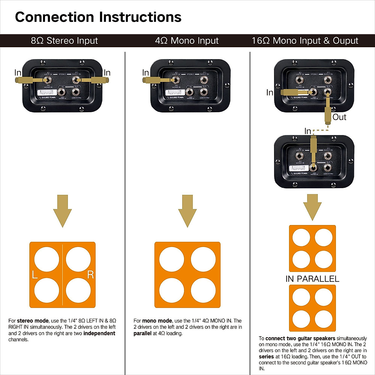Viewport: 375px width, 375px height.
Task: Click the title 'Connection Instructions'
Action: coord(98,17)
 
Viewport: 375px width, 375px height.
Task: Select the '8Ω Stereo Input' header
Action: coord(64,41)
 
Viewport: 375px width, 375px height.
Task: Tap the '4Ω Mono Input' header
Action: coord(187,41)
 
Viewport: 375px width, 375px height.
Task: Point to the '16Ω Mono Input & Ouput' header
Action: coord(305,41)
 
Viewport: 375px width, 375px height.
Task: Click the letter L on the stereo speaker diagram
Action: coord(35,275)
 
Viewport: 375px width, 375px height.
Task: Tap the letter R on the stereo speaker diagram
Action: coord(90,275)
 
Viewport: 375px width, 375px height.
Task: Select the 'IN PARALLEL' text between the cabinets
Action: coord(312,279)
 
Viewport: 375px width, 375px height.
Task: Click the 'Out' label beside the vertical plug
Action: coord(339,117)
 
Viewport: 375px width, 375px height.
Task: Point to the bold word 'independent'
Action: coord(99,333)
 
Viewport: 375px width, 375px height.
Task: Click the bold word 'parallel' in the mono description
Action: coord(142,333)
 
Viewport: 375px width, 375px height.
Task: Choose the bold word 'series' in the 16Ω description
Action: coord(266,357)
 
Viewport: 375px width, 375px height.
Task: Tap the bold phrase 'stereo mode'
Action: coord(32,321)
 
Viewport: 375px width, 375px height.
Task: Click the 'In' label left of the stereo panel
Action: coord(18,73)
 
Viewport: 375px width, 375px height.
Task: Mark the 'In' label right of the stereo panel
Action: coord(107,73)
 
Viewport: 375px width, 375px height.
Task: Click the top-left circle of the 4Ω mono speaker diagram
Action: coord(172,259)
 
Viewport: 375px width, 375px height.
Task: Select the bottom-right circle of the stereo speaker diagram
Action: coord(78,290)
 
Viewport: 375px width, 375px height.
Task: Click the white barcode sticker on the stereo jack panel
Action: coord(45,92)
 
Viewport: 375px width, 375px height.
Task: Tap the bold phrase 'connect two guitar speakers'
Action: coord(300,338)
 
